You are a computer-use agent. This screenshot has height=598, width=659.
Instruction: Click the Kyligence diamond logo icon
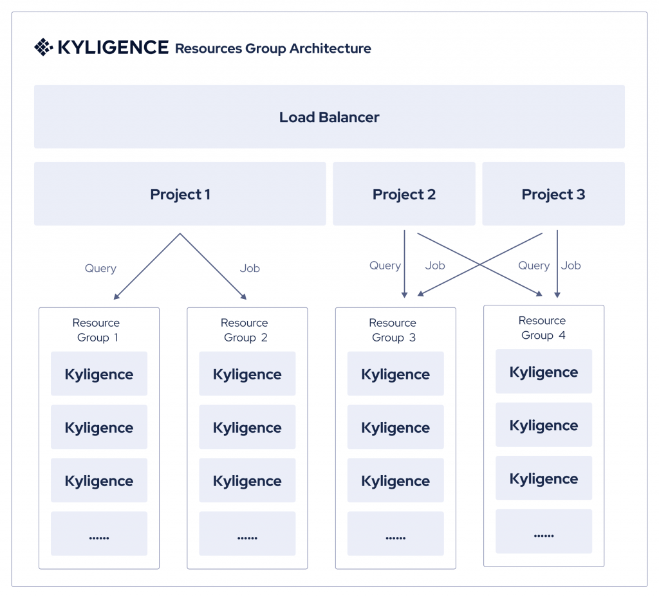coord(43,48)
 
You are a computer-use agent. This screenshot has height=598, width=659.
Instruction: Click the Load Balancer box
coord(329,117)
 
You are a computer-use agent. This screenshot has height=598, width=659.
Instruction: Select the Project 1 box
coord(180,194)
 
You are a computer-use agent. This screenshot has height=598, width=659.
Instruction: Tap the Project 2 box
coord(404,194)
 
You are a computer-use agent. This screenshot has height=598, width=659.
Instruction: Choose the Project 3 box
coord(553,194)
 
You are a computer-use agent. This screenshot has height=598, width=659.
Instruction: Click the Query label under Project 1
coord(100,268)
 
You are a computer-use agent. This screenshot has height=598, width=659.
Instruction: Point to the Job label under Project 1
coord(250,268)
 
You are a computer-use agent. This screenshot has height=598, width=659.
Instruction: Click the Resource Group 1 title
coord(96,330)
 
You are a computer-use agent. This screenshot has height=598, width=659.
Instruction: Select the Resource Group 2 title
coord(245,330)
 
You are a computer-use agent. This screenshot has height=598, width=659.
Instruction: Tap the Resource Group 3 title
coord(393,330)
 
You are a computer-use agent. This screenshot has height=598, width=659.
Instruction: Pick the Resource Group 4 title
coord(543,328)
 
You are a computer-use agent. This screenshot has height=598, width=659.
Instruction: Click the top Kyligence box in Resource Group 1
coord(99,374)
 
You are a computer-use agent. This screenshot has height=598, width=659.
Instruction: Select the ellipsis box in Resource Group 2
coord(247,534)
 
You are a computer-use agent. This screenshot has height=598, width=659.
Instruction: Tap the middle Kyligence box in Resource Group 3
coord(395,427)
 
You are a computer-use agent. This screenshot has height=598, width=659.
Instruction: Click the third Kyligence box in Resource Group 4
coord(544,478)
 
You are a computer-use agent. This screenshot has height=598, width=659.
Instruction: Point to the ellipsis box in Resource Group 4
coord(544,532)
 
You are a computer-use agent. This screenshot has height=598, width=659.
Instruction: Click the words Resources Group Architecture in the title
coord(273,48)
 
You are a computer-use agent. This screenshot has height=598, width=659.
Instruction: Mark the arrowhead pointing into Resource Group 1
coord(116,296)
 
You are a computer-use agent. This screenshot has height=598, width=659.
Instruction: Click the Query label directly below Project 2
coord(385,266)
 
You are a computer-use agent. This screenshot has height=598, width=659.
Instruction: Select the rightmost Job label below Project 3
coord(571,266)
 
